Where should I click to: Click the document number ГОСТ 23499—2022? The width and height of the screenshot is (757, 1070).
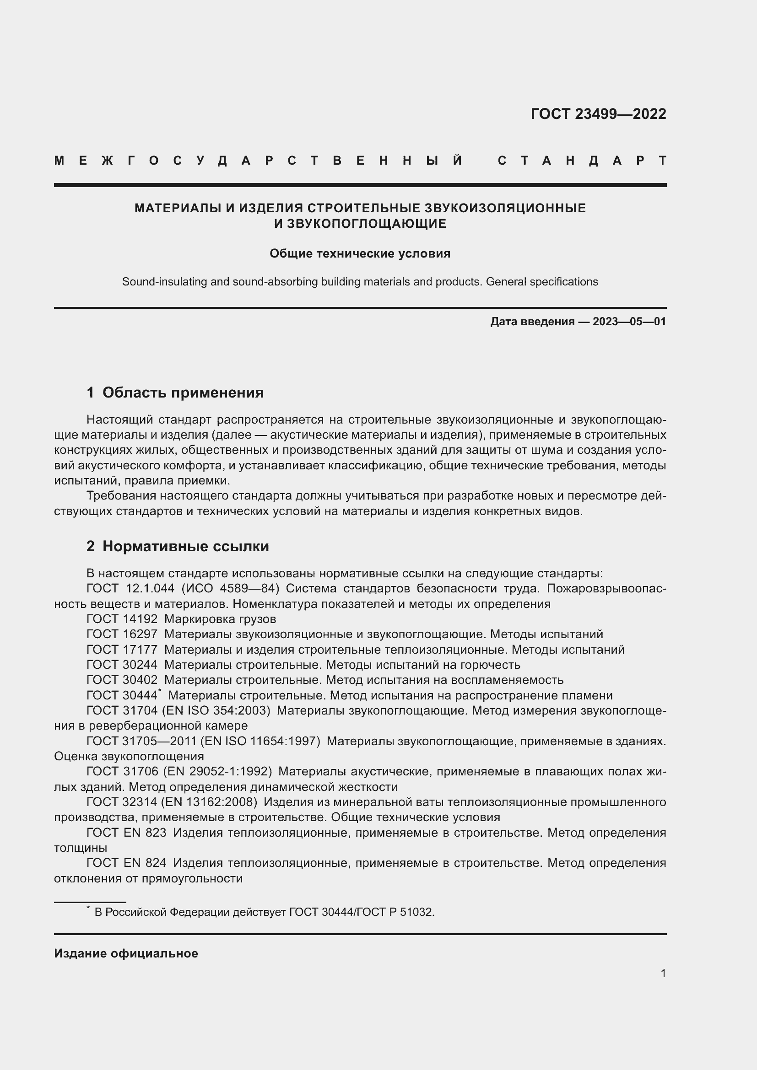click(598, 114)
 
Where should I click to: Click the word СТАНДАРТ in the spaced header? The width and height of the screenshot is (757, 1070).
click(582, 161)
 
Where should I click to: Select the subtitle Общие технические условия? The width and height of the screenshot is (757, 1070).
click(360, 253)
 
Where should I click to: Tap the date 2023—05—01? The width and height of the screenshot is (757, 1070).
click(629, 322)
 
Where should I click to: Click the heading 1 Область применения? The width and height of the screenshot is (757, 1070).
click(175, 393)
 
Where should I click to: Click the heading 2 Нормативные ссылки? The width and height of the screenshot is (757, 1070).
click(178, 546)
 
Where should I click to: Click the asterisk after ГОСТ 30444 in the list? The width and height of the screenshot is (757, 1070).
click(159, 691)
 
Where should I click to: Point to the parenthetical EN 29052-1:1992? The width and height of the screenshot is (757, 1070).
click(217, 771)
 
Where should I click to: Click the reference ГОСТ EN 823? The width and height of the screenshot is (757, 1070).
click(126, 832)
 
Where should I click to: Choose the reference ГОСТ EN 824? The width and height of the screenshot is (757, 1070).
click(126, 863)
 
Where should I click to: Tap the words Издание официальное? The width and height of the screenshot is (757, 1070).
click(126, 953)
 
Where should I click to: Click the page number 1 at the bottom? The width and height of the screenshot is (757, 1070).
click(663, 973)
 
